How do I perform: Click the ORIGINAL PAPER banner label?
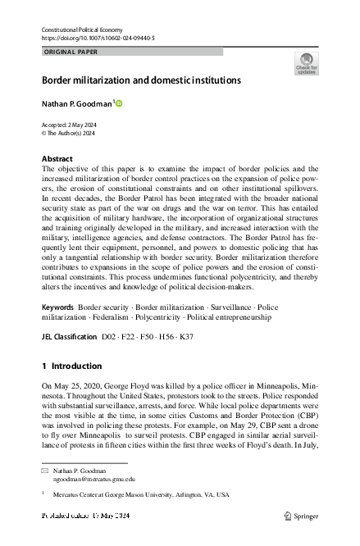point(70,52)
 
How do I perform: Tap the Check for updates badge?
point(306,65)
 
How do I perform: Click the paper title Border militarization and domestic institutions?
point(141,81)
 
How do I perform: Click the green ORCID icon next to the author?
point(119,104)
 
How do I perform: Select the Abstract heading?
point(57,158)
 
